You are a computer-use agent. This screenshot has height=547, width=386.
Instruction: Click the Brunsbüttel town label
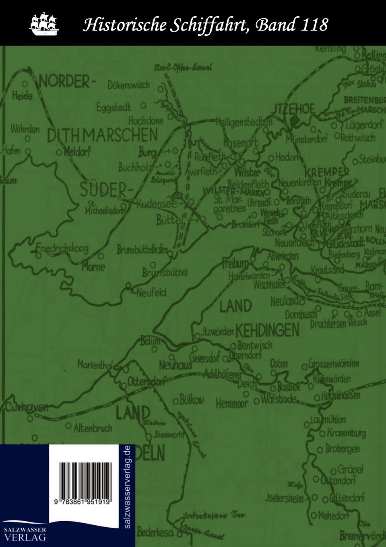(x=165, y=273)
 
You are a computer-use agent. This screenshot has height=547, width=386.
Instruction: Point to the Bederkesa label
(x=155, y=533)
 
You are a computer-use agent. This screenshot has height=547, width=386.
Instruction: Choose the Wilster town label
(x=247, y=172)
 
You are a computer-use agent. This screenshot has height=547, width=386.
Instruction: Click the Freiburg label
(x=235, y=264)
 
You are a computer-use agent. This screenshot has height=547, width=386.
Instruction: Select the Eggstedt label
(x=114, y=107)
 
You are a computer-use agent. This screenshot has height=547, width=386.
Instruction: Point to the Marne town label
(x=93, y=266)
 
